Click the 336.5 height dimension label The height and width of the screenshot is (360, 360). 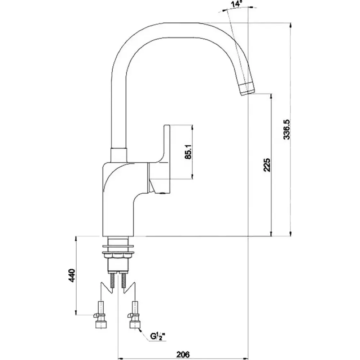(287, 130)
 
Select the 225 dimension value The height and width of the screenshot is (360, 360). (267, 165)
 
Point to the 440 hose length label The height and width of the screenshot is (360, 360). (72, 275)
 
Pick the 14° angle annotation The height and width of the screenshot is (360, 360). (237, 4)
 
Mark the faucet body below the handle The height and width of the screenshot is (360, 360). (121, 202)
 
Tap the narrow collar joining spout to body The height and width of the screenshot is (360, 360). (119, 155)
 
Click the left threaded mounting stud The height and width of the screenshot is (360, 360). (114, 281)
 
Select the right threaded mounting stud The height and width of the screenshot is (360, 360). (124, 281)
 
